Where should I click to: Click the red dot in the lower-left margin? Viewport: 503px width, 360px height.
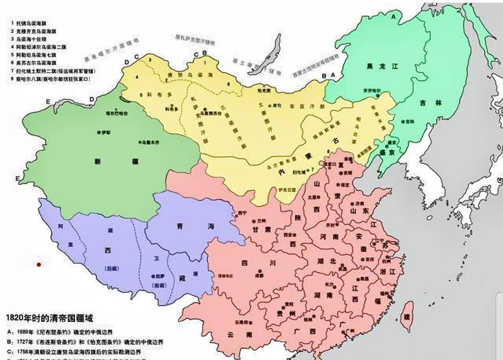point(39,265)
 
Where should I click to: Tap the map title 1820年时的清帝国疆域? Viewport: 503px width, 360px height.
point(49,319)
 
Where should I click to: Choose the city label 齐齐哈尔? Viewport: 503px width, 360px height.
point(372,90)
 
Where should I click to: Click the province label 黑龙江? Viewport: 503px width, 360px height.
point(382,67)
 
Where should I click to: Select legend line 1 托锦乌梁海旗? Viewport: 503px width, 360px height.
point(35,23)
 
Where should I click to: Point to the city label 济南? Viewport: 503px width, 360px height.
point(359,204)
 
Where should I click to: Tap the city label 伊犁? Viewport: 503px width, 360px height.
point(105,133)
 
